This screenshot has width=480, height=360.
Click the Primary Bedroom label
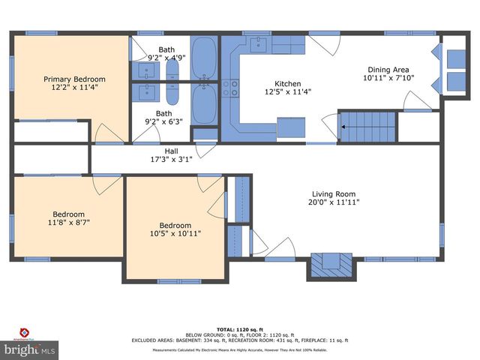74,79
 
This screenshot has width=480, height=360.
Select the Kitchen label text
288,84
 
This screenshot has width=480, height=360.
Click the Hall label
172,151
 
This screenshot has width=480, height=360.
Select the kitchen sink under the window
258,43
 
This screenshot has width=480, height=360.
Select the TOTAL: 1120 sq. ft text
239,329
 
